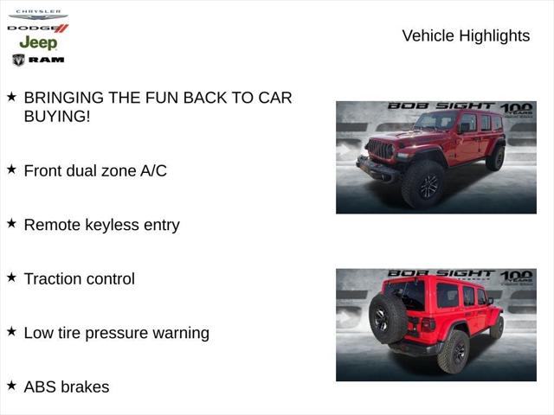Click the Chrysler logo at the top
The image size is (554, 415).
(x=37, y=15)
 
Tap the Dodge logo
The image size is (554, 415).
(x=37, y=29)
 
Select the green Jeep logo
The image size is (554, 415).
(x=38, y=42)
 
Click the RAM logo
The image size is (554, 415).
(x=38, y=60)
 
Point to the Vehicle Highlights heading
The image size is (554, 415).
(x=466, y=35)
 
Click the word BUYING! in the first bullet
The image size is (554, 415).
(x=57, y=116)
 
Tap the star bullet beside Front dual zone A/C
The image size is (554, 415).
(x=11, y=169)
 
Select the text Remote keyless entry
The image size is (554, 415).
(x=101, y=225)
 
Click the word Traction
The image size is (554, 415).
(x=52, y=278)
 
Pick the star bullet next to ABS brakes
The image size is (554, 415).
(x=11, y=386)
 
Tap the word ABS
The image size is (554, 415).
(x=40, y=386)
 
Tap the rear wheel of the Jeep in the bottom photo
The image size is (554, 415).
(x=454, y=352)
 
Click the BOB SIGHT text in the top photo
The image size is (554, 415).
(x=441, y=106)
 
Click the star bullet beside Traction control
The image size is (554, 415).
(x=11, y=278)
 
